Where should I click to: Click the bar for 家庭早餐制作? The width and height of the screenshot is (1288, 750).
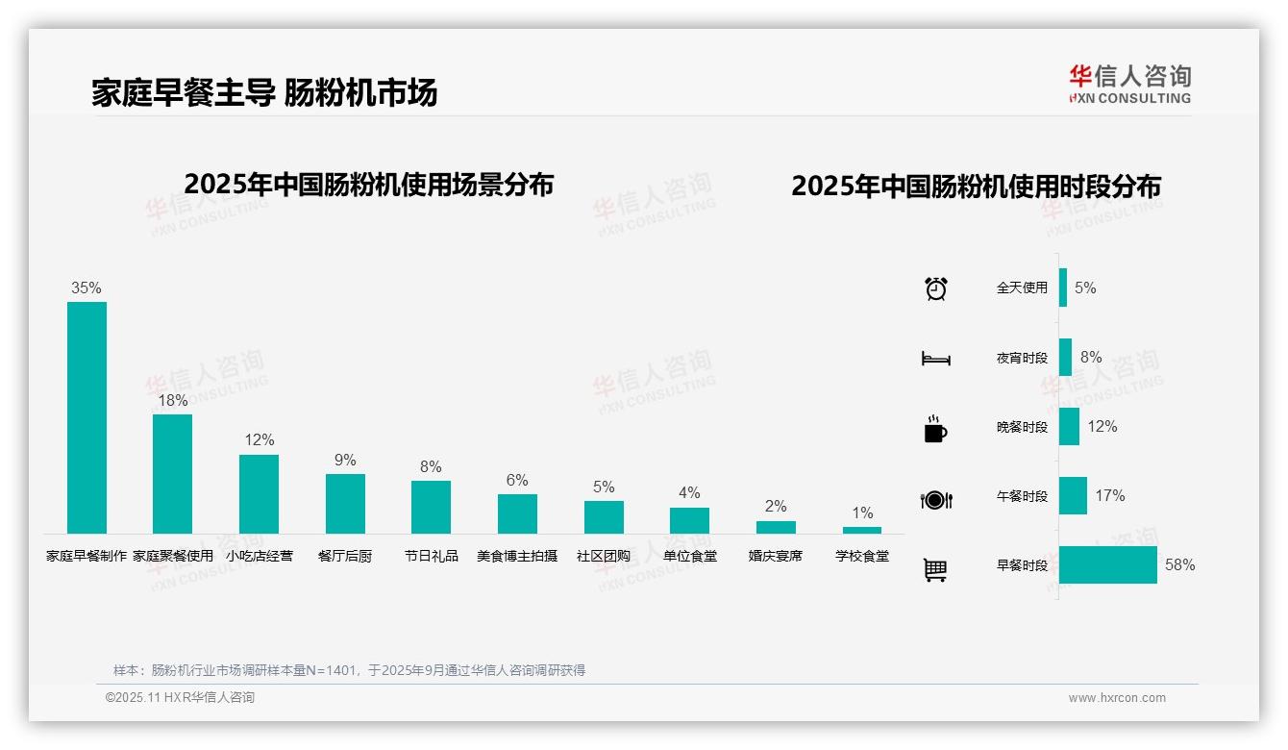pyautogui.click(x=87, y=417)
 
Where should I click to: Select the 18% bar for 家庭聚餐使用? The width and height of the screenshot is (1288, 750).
pyautogui.click(x=173, y=473)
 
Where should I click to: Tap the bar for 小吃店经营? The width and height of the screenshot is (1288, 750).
pyautogui.click(x=259, y=493)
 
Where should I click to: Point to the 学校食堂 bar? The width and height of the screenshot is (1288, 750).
pyautogui.click(x=862, y=530)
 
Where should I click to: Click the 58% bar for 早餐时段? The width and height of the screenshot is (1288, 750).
pyautogui.click(x=1107, y=564)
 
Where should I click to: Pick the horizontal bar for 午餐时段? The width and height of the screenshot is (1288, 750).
pyautogui.click(x=1073, y=495)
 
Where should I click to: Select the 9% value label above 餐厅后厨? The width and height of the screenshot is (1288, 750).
pyautogui.click(x=345, y=460)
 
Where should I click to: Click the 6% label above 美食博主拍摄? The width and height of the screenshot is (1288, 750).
pyautogui.click(x=517, y=480)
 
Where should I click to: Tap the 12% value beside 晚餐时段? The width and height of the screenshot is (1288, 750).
pyautogui.click(x=1102, y=426)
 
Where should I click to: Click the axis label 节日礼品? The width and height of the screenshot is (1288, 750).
pyautogui.click(x=431, y=556)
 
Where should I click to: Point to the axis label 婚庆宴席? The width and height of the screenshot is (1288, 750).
pyautogui.click(x=776, y=556)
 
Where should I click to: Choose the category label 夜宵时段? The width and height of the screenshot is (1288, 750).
pyautogui.click(x=1022, y=358)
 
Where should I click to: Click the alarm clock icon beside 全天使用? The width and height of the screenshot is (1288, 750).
pyautogui.click(x=936, y=287)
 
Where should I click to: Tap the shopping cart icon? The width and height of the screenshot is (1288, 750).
pyautogui.click(x=935, y=569)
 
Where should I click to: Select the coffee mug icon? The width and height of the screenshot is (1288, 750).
pyautogui.click(x=935, y=429)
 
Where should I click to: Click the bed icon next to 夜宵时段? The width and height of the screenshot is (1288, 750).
pyautogui.click(x=935, y=359)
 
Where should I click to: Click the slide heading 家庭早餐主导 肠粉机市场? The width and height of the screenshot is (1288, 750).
pyautogui.click(x=264, y=92)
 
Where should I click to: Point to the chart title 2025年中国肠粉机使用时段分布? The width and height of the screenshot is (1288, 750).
pyautogui.click(x=976, y=186)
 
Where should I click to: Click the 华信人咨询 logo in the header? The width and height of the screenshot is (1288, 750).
pyautogui.click(x=1129, y=84)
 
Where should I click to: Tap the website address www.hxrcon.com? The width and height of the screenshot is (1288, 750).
pyautogui.click(x=1117, y=698)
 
